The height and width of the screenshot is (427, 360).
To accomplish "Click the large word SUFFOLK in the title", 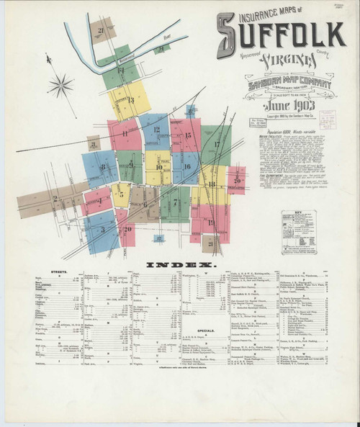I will pos(282,33).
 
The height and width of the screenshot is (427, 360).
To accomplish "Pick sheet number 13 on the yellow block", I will pos(131,100).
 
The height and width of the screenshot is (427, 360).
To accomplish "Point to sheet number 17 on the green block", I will pos(216,144).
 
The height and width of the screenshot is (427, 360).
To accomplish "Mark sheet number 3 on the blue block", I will pos(102,229).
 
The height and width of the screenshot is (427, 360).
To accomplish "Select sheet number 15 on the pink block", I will pos(187,135).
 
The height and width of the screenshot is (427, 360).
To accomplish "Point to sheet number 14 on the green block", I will pos(122,71).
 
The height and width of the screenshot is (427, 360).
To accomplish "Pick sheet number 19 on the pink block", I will pos(211,222).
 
